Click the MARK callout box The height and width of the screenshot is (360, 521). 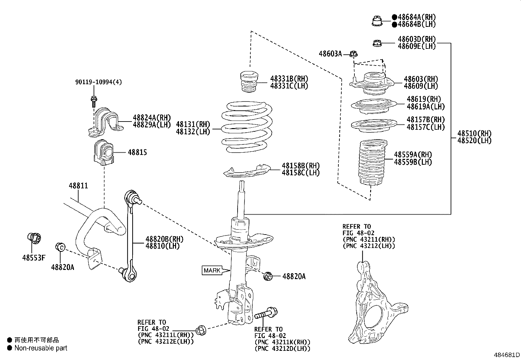pos(212,271)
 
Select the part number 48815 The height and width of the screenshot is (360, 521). pos(137,153)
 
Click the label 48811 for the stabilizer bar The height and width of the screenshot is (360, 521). pos(78,186)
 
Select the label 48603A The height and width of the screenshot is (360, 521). pos(330,54)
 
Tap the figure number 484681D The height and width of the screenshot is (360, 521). pos(507,355)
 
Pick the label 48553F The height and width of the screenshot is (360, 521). pos(34,258)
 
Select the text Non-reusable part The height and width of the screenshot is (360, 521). pos(41,348)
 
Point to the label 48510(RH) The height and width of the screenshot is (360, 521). pos(474,133)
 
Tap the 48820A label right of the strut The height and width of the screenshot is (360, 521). pos(294,276)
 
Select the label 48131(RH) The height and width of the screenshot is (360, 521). pos(193,124)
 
